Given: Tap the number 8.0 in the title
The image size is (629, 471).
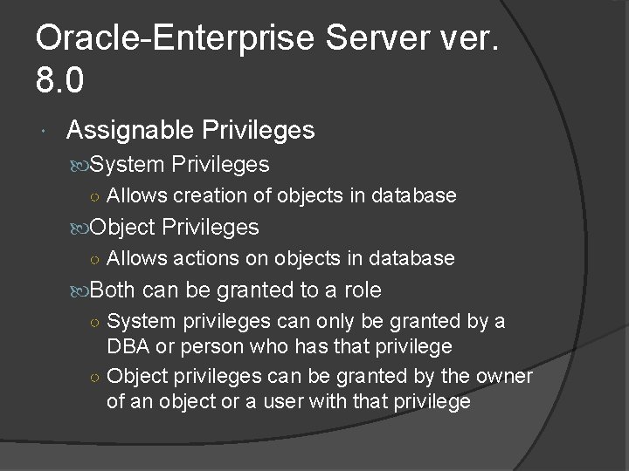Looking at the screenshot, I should click(60, 81).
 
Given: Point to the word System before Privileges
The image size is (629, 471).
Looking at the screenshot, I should click(128, 164).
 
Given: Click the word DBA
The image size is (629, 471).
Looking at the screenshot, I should click(128, 346).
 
